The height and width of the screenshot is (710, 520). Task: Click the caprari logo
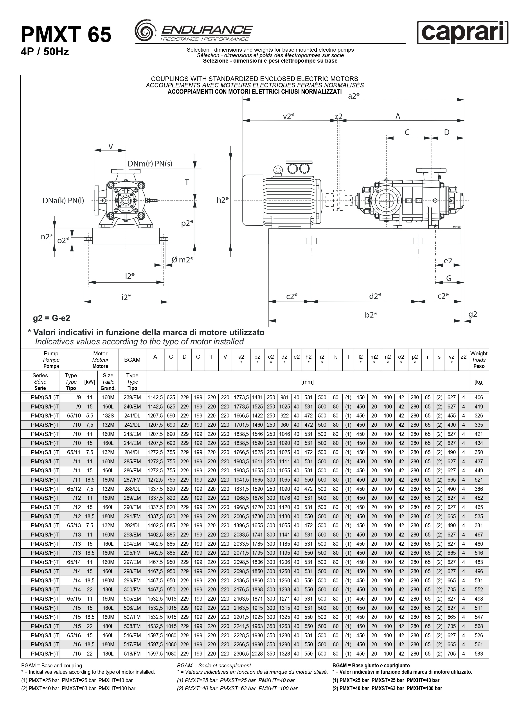(462, 33)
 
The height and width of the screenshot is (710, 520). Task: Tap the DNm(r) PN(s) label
(150, 164)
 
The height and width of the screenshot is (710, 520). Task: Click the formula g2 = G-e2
(52, 318)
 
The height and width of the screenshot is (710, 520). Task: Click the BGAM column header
(132, 360)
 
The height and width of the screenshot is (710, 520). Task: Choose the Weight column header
(479, 360)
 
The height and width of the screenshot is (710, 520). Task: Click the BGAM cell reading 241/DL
(132, 416)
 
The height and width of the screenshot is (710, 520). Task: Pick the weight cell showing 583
(479, 654)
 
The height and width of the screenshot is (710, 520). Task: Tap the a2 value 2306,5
(241, 654)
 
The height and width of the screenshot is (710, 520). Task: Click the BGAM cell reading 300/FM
(132, 590)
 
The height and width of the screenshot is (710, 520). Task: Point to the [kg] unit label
(479, 382)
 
